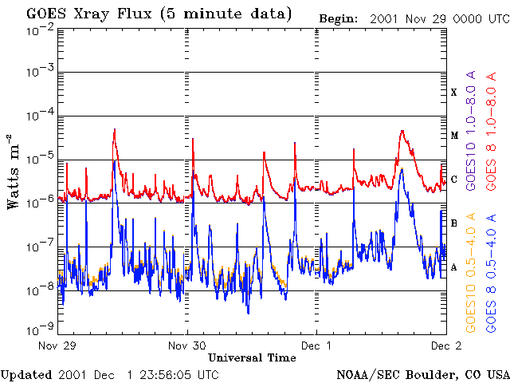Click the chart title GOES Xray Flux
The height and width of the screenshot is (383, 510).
[88, 14]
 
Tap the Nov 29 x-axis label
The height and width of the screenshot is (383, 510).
[57, 345]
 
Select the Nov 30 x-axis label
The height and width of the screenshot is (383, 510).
[187, 345]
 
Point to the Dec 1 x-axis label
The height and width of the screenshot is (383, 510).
[316, 345]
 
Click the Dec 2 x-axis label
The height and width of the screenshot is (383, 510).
[446, 345]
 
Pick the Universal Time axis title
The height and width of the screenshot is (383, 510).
[252, 358]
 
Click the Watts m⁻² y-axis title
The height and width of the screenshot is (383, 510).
[14, 172]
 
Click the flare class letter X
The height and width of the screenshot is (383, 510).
[454, 93]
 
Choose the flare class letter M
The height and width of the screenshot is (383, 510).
[454, 136]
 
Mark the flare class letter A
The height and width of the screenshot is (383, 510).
[454, 268]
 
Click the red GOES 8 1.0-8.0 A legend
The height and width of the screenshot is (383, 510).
[492, 131]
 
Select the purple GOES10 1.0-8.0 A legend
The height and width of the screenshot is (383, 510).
[471, 130]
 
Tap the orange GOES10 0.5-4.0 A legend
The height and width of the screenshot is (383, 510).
[471, 273]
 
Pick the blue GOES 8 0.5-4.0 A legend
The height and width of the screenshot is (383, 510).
[492, 273]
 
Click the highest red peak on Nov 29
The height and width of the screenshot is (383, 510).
[115, 129]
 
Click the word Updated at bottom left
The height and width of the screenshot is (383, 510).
[26, 376]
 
